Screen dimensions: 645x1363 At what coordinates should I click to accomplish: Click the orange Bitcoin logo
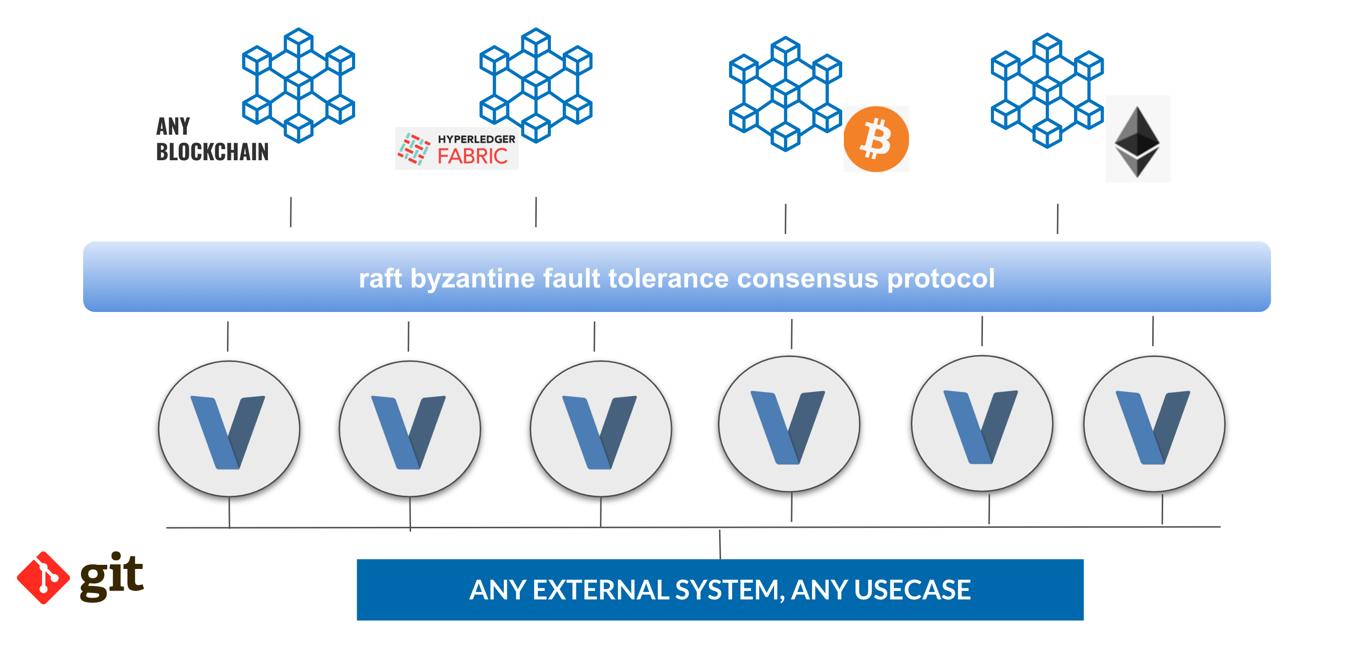pyautogui.click(x=876, y=139)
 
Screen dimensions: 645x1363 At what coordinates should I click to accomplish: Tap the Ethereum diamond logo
pyautogui.click(x=1137, y=141)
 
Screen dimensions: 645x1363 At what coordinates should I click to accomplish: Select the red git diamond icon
pyautogui.click(x=44, y=577)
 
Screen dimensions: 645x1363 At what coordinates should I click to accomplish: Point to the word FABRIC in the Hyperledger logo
pyautogui.click(x=473, y=157)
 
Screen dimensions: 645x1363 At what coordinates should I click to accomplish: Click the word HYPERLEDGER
pyautogui.click(x=476, y=139)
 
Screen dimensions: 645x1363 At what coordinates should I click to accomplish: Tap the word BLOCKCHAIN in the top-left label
pyautogui.click(x=212, y=152)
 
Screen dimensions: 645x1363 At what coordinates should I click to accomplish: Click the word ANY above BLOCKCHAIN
pyautogui.click(x=173, y=127)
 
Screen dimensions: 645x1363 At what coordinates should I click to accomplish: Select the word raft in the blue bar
pyautogui.click(x=380, y=278)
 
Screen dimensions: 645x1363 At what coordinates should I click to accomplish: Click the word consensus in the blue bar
pyautogui.click(x=807, y=278)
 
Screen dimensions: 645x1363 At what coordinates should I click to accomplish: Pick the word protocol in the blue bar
pyautogui.click(x=941, y=278)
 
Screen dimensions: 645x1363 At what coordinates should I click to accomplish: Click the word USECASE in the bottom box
pyautogui.click(x=912, y=589)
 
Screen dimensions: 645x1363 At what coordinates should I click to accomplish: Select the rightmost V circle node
pyautogui.click(x=1154, y=424)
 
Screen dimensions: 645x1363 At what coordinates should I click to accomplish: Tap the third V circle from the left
pyautogui.click(x=600, y=429)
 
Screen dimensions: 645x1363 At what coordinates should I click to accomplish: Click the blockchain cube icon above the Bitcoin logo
pyautogui.click(x=785, y=94)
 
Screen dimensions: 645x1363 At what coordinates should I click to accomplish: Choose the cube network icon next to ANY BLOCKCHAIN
pyautogui.click(x=298, y=85)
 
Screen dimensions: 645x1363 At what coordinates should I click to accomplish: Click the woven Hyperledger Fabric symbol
pyautogui.click(x=414, y=149)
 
